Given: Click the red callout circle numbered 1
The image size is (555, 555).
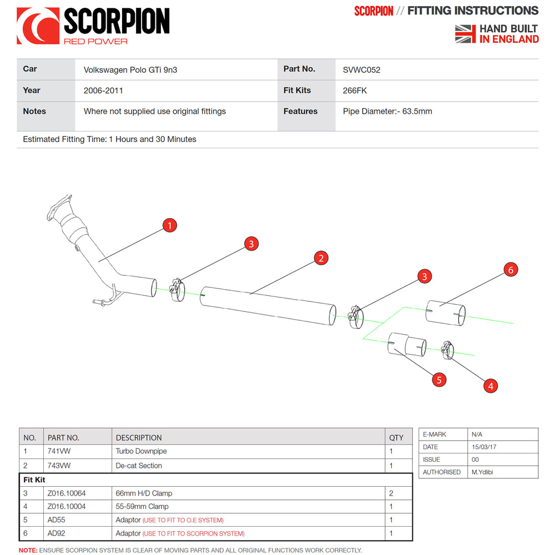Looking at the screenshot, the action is click(x=169, y=225).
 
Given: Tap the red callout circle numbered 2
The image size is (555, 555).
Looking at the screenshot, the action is click(x=321, y=258).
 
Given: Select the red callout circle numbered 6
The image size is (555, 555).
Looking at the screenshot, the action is click(x=511, y=270).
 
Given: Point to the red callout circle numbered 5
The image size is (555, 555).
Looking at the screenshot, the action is click(x=439, y=380).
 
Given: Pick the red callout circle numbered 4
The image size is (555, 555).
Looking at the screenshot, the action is click(x=491, y=386).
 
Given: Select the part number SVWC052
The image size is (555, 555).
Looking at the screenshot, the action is click(x=361, y=70).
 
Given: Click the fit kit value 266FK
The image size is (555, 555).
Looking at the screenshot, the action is click(x=355, y=90).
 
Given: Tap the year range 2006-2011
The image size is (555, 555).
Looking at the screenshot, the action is click(x=103, y=90).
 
